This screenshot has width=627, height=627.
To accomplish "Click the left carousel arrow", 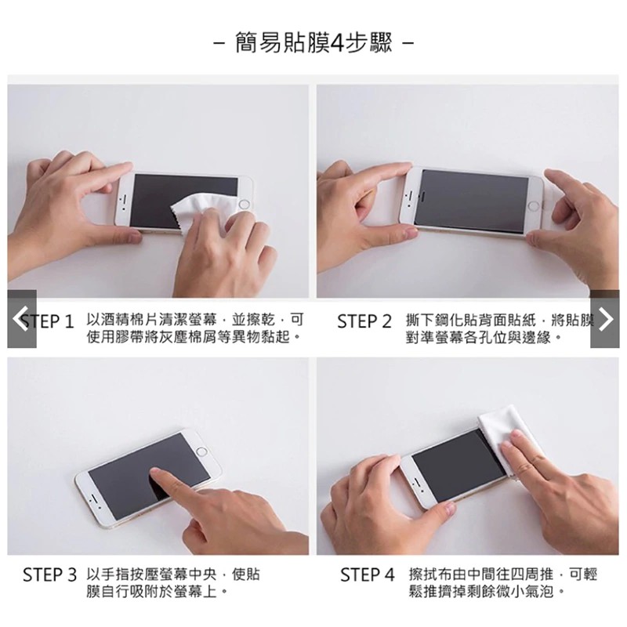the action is [x=22, y=319].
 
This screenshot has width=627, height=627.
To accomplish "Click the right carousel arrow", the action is [x=605, y=319].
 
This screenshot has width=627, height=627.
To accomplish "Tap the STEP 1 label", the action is [x=48, y=321].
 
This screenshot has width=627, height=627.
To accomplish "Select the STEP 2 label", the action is [x=364, y=321].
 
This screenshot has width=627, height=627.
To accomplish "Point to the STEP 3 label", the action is [x=49, y=574].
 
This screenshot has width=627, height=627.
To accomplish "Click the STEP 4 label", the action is [x=368, y=574].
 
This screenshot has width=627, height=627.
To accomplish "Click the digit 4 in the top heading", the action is [x=338, y=43].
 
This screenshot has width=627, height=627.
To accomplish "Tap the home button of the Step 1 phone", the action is [x=244, y=205].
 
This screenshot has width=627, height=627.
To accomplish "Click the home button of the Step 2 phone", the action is [x=534, y=206].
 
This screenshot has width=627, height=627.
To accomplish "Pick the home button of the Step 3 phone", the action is [x=202, y=452].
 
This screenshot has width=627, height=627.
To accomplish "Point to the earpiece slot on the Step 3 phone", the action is [x=92, y=498].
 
